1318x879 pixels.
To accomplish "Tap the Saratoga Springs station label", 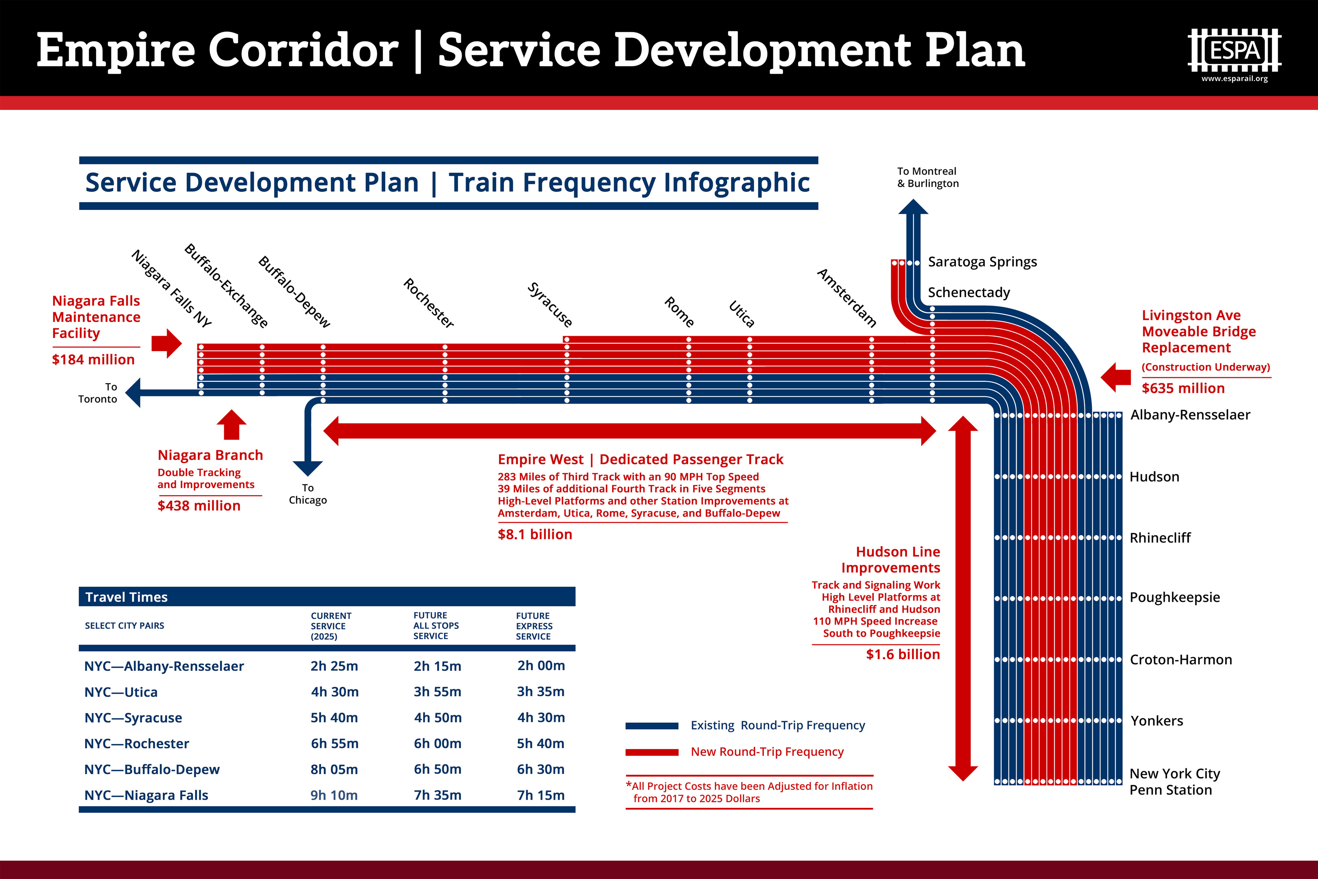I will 982,262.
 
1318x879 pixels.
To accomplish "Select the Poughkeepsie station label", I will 1174,597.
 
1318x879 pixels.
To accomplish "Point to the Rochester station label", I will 429,303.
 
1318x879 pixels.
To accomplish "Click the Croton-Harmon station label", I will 1181,660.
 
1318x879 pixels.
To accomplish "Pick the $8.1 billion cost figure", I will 535,534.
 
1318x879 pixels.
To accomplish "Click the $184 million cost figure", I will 93,359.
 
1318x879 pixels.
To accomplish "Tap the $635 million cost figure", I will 1183,388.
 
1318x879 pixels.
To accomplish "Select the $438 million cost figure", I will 199,506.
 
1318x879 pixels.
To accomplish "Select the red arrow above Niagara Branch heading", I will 231,424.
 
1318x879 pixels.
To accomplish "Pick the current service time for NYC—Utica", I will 334,692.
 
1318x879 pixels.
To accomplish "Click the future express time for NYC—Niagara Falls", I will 540,795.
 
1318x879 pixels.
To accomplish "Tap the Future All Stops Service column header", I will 436,625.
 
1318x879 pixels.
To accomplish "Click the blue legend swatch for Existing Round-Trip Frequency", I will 652,726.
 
